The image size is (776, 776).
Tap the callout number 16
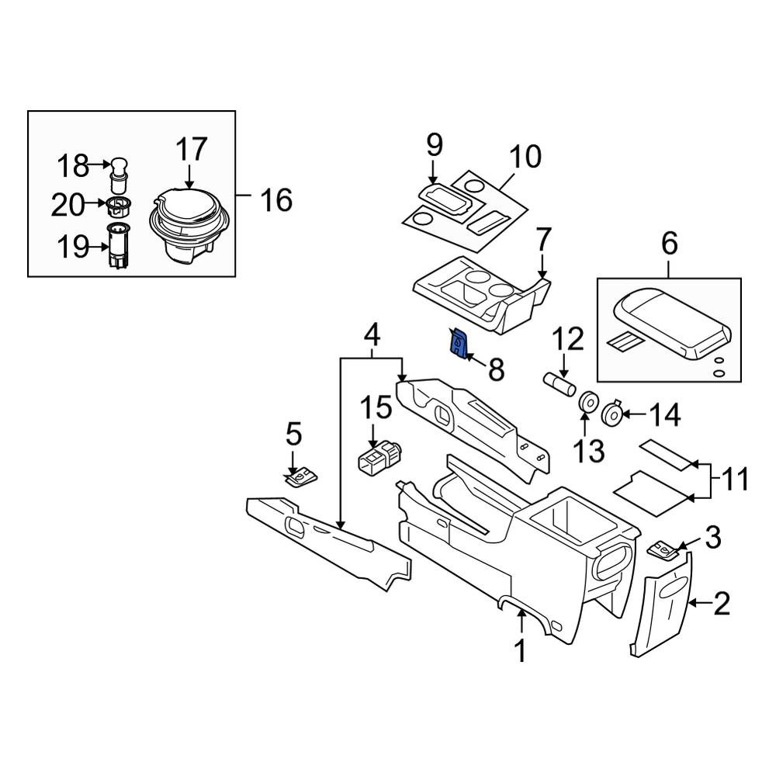point(276,200)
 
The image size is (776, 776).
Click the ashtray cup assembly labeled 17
point(191,225)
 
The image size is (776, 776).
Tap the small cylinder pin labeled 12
point(559,385)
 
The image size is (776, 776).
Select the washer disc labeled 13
point(587,402)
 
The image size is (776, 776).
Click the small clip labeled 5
point(301,477)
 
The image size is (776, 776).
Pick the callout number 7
point(543,240)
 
